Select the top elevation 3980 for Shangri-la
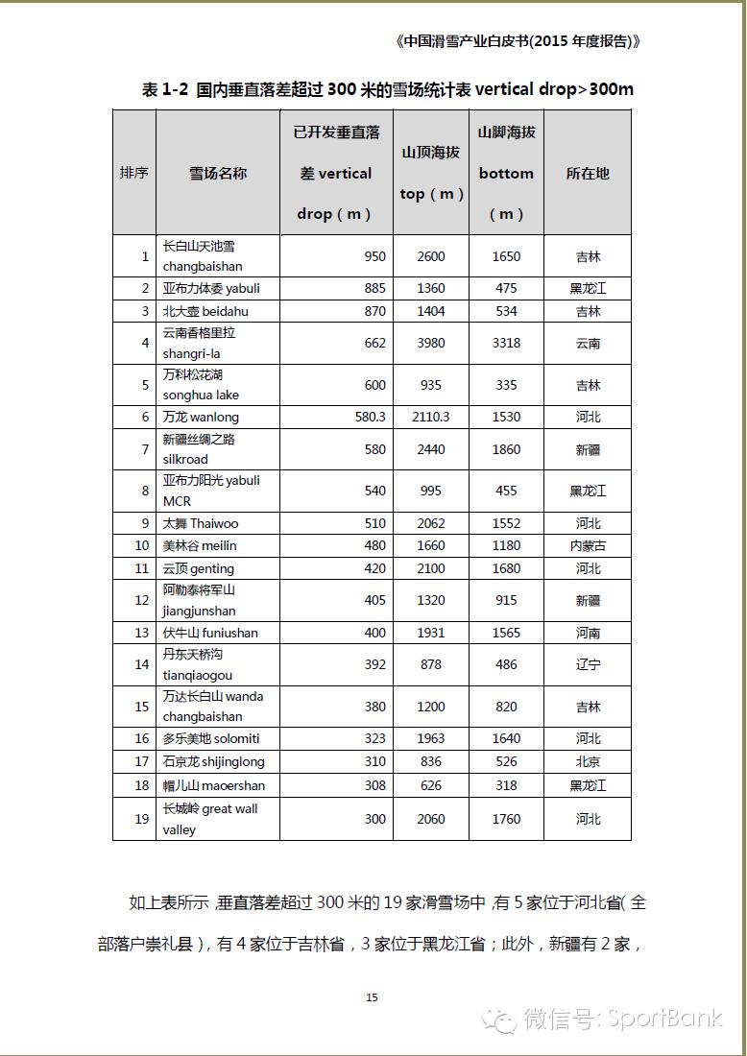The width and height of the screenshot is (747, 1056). tap(431, 343)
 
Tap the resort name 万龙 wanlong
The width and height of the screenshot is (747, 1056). tap(201, 417)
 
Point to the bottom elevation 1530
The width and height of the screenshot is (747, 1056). tap(506, 417)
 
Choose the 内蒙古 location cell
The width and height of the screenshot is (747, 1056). tap(588, 545)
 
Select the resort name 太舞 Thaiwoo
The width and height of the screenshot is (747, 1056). tap(201, 523)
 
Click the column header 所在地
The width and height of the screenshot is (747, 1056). tap(588, 174)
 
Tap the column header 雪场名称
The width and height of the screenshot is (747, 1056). tap(218, 174)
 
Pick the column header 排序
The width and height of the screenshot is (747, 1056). tap(134, 174)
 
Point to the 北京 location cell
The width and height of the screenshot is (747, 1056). tap(588, 761)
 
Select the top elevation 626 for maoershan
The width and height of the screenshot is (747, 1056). tap(431, 785)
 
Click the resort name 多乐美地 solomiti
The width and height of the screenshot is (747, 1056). tap(211, 738)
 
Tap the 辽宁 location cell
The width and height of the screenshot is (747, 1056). tap(588, 664)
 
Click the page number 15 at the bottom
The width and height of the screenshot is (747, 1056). tap(373, 997)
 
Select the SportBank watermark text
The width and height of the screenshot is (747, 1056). tap(663, 1018)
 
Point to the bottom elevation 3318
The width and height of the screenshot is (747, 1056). tap(506, 343)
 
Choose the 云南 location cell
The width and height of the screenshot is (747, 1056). tap(588, 343)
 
